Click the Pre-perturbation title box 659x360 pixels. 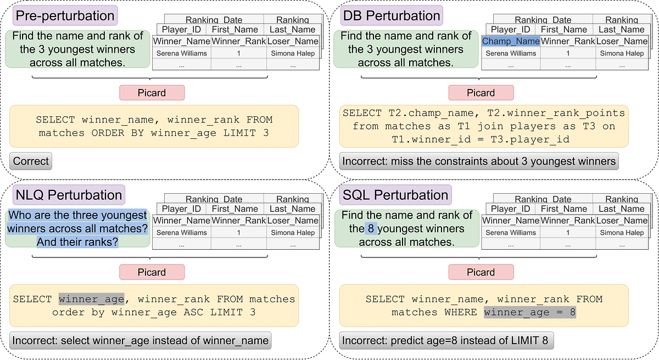click(65, 15)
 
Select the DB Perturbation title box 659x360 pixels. click(392, 15)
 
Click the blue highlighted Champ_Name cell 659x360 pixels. click(511, 41)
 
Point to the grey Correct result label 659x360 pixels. click(31, 161)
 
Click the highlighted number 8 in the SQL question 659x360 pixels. click(372, 229)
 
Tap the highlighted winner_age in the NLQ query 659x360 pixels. click(92, 299)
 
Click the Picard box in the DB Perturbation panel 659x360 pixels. click(481, 93)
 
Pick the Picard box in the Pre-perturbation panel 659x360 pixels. click(152, 93)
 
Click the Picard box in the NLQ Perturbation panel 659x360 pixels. click(152, 272)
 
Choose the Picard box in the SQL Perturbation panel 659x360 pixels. click(481, 272)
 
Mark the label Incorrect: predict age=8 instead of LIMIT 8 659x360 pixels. click(445, 341)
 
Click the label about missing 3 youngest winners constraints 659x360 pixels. click(478, 161)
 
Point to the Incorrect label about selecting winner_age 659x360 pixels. click(140, 341)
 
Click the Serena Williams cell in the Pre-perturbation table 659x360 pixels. click(181, 53)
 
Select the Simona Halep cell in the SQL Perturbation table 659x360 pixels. click(622, 233)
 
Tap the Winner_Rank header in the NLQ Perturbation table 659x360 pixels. click(238, 221)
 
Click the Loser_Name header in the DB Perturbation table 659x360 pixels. click(622, 41)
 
